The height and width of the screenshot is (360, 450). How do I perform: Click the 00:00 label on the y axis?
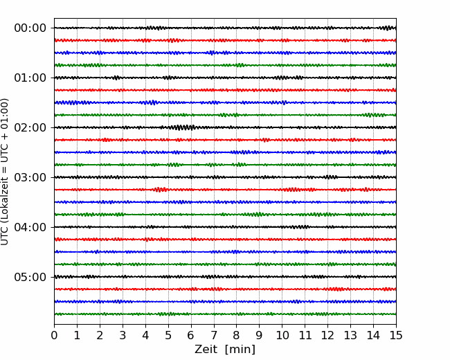click(30, 28)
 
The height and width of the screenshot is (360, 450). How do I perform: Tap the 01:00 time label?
click(30, 78)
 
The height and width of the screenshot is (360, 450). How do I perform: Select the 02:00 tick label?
click(30, 127)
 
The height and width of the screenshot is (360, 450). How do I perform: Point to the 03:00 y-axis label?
click(30, 177)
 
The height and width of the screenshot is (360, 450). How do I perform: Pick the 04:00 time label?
click(30, 227)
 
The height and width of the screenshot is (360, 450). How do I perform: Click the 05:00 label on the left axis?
click(30, 277)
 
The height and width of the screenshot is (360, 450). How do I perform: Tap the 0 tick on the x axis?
click(54, 335)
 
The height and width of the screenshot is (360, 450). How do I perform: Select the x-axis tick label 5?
click(168, 335)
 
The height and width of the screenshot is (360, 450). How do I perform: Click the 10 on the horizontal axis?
click(282, 335)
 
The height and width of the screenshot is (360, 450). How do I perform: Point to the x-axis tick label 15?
click(396, 335)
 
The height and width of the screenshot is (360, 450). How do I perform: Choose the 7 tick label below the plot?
click(214, 335)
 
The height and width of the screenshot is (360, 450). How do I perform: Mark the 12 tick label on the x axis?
click(327, 335)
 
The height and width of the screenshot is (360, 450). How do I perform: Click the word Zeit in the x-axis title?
click(206, 349)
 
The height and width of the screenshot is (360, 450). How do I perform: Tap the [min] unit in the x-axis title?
click(240, 350)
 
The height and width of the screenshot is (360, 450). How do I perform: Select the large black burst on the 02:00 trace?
click(181, 127)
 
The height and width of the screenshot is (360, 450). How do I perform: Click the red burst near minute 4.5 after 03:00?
click(159, 190)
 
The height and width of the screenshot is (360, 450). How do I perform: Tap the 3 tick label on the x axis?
click(123, 335)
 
